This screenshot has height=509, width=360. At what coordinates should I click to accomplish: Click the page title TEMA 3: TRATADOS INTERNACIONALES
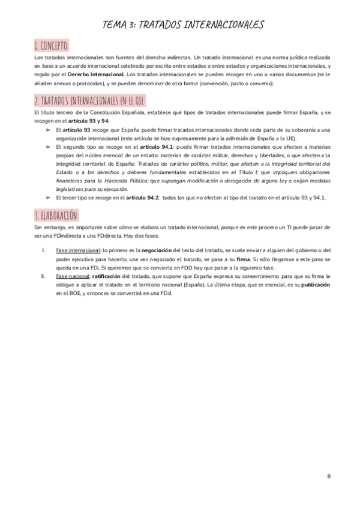(184, 24)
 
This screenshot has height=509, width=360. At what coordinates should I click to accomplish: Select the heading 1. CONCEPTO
(52, 46)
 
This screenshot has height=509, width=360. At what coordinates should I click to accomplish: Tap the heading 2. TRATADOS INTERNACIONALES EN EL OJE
(90, 100)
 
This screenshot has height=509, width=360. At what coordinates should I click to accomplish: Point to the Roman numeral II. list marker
(43, 276)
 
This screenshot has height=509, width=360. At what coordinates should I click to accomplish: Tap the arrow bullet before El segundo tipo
(48, 146)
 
